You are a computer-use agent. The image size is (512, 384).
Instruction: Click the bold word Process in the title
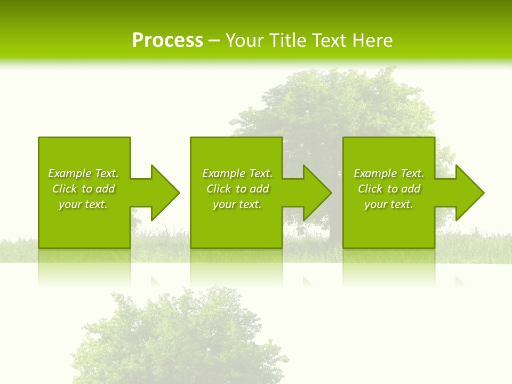(x=167, y=41)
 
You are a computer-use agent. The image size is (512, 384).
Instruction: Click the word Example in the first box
(x=69, y=173)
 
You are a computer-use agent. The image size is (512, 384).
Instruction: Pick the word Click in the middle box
(x=219, y=189)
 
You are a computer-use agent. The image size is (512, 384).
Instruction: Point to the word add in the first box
(x=105, y=189)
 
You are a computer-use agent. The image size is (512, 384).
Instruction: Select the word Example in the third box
(x=375, y=173)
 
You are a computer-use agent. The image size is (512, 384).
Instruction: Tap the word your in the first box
(x=69, y=204)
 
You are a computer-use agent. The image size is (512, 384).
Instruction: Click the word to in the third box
(x=393, y=189)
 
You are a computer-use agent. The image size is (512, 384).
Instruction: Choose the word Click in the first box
(x=65, y=189)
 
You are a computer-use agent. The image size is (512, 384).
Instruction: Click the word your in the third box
(x=375, y=204)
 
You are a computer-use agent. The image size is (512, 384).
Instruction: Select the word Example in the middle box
(x=223, y=173)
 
